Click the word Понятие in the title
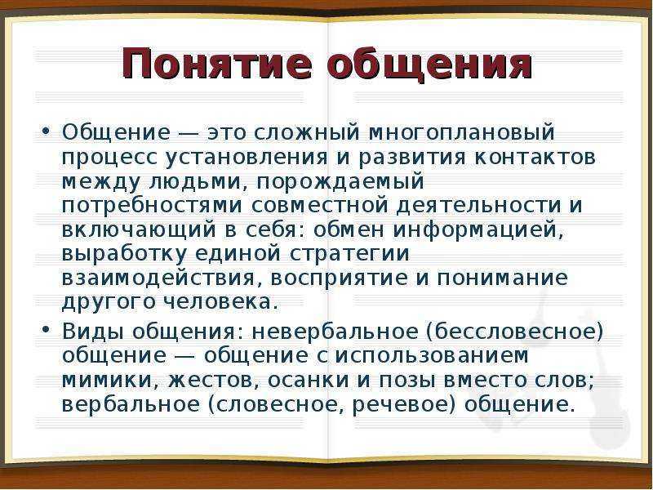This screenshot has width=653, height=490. [x=216, y=66]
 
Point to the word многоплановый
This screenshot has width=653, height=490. [x=462, y=133]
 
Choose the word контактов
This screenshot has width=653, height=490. [x=535, y=158]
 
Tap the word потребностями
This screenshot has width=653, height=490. [x=152, y=206]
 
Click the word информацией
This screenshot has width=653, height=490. [x=478, y=230]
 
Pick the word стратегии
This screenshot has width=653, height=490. [x=349, y=254]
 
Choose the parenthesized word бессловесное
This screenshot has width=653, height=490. [x=514, y=332]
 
